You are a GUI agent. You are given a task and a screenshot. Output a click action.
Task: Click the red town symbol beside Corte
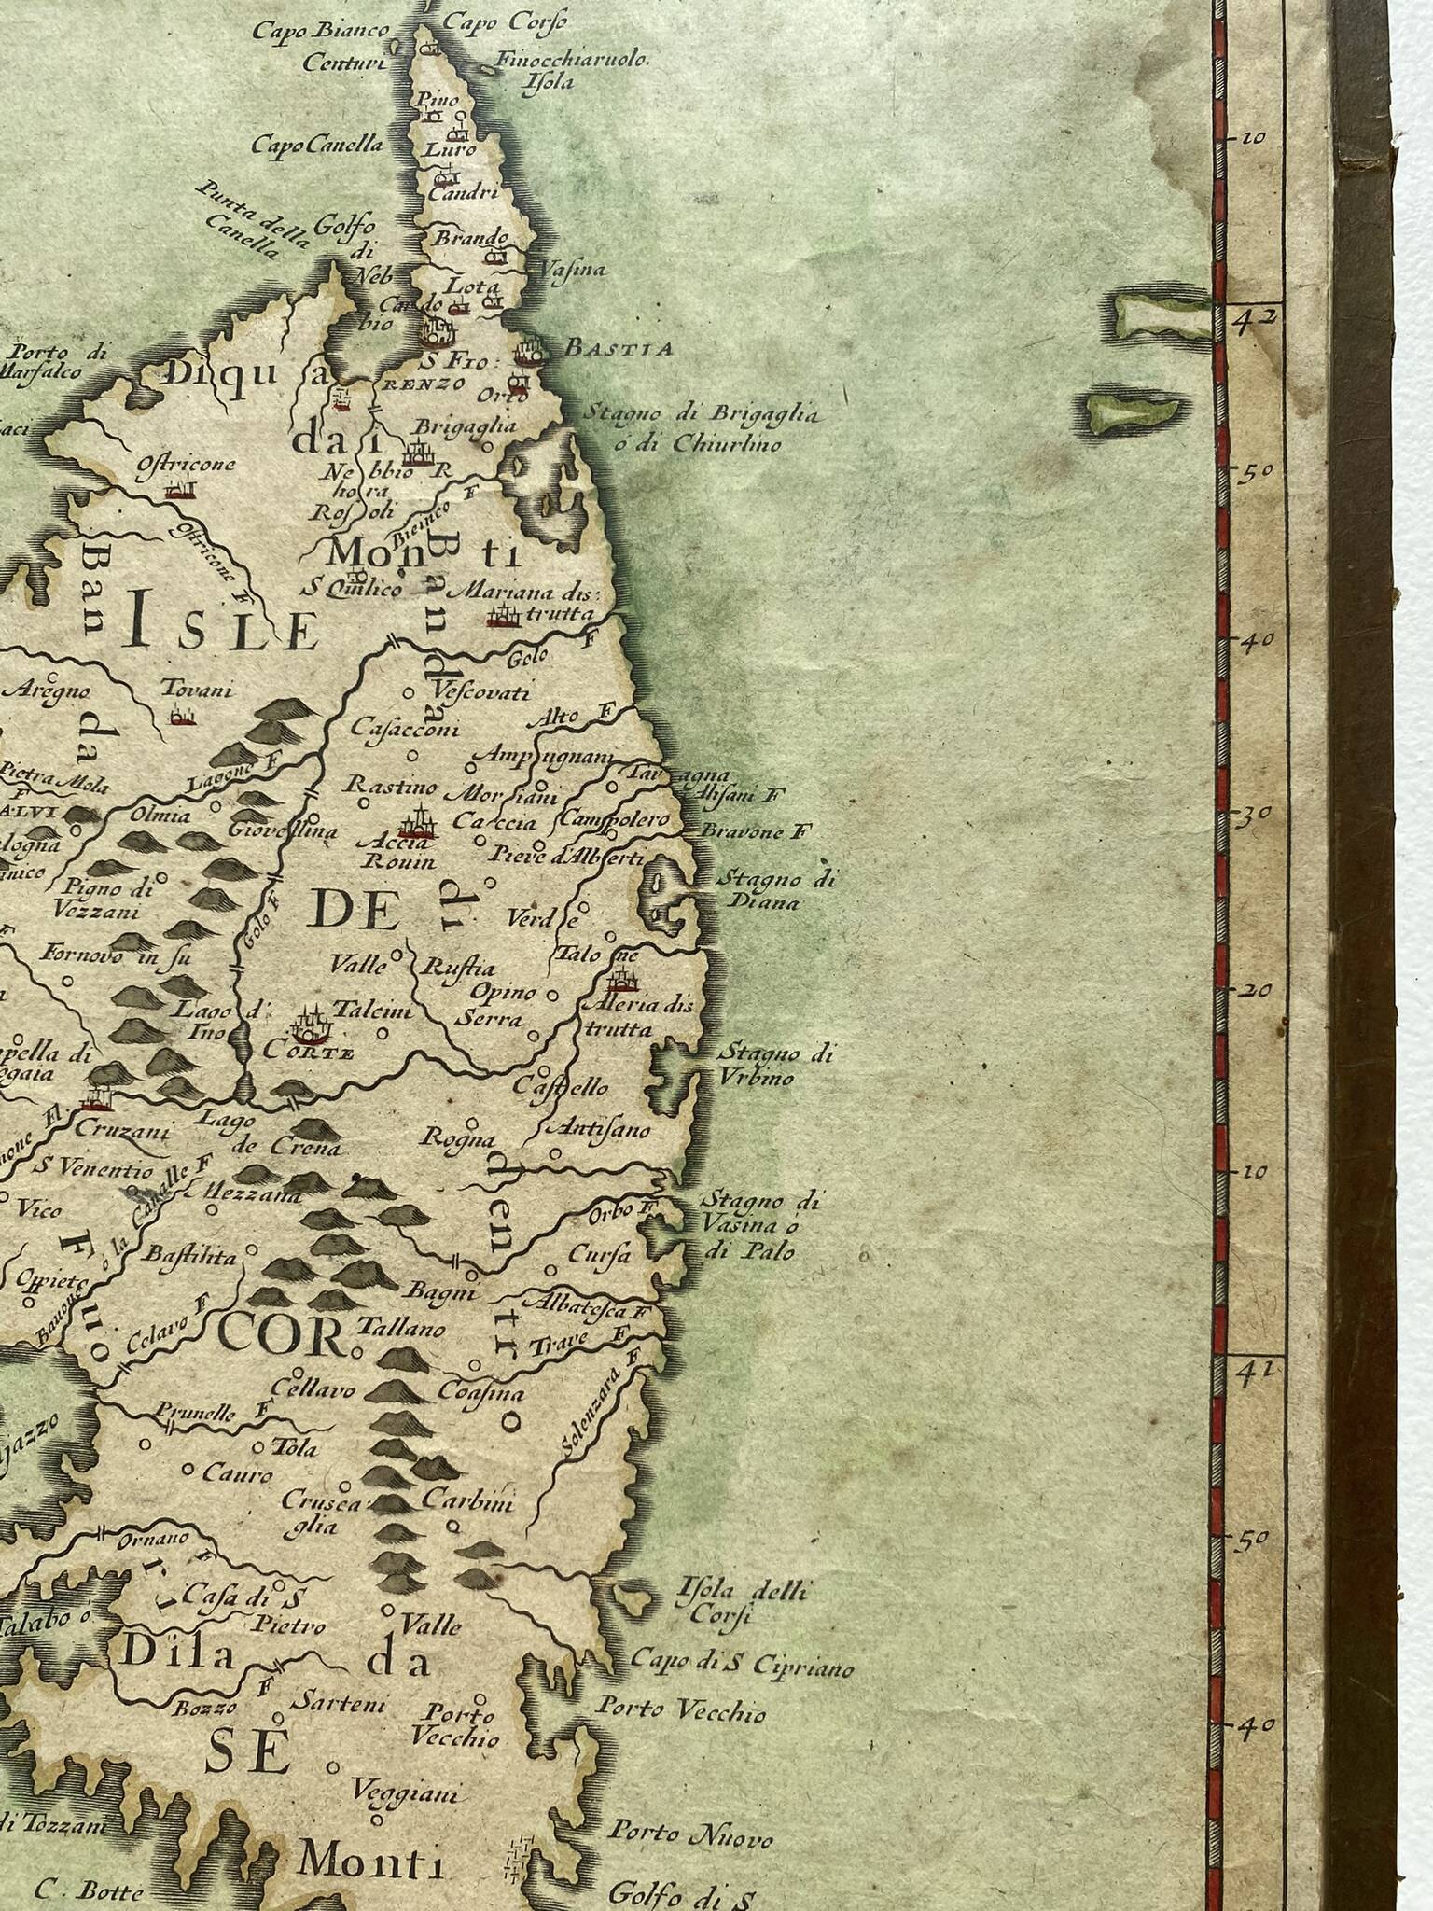[311, 1025]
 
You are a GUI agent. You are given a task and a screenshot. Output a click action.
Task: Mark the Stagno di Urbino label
[756, 1066]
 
